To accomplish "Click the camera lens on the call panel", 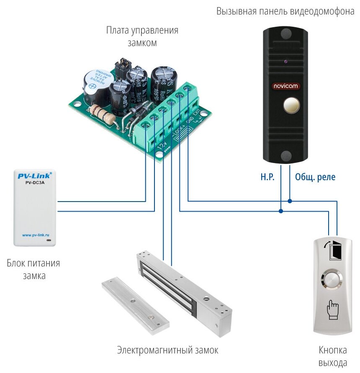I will (x=286, y=62).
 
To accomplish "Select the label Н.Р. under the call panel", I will (x=267, y=177).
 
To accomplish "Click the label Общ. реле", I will (x=315, y=177).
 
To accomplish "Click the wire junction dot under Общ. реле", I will (x=290, y=201).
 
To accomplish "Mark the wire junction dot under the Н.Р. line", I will (x=281, y=211).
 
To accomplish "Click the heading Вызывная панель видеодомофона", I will (x=285, y=11).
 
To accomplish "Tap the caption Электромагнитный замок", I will (x=167, y=350).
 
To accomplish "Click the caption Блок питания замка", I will (x=33, y=270).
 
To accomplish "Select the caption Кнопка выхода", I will (x=333, y=356).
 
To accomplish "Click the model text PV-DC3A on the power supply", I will (x=33, y=183).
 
